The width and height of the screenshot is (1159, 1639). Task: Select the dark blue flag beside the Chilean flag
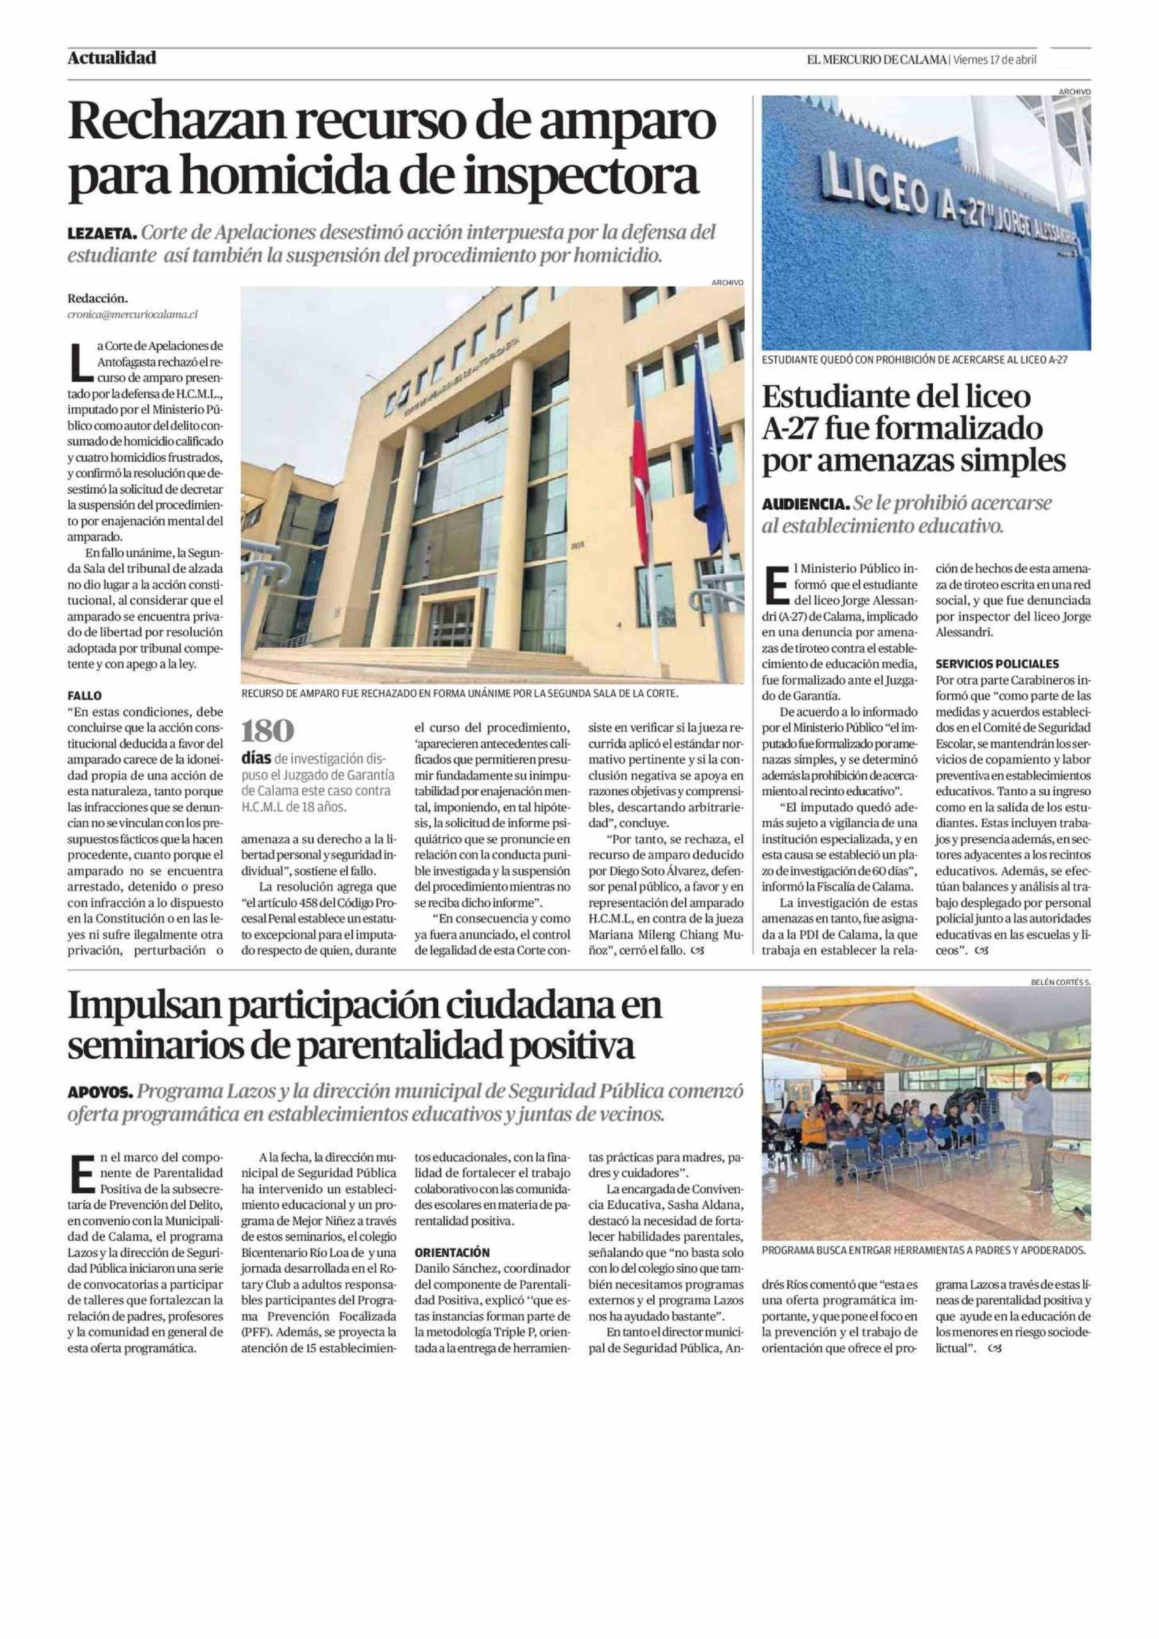tap(707, 443)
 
